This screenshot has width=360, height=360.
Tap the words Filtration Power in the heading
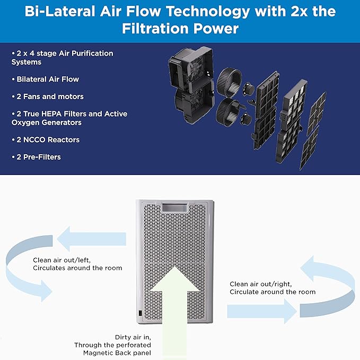tap(180, 28)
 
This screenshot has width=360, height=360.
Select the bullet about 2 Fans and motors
tap(48, 96)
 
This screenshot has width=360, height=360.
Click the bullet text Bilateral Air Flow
tap(45, 79)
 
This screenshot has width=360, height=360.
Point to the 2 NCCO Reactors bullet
tap(46, 139)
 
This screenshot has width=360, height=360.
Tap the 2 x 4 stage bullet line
tap(62, 57)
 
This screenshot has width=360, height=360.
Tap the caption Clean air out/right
tap(260, 284)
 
